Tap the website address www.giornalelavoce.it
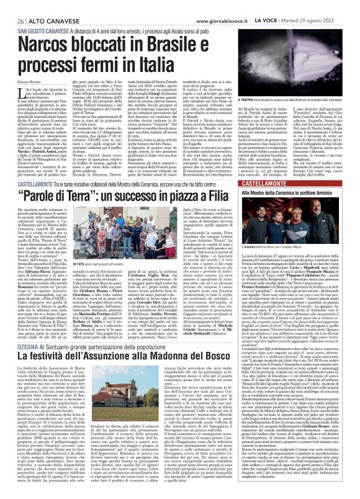198,4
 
